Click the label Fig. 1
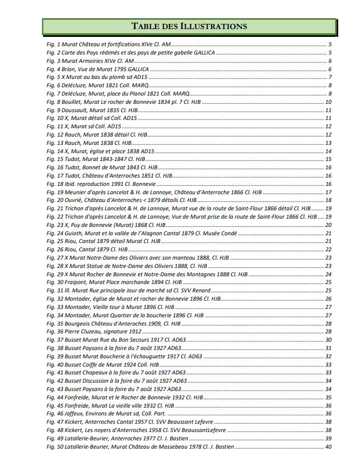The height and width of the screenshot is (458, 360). pos(53,45)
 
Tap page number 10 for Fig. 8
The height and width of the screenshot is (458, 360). pos(328,102)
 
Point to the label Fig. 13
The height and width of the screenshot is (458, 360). pos(54,143)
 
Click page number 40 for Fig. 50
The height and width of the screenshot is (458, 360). pos(328,447)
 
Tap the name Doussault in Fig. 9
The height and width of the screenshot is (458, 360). pos(76,110)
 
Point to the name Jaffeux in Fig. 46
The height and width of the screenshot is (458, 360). pos(74,413)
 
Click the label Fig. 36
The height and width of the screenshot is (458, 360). pos(54,331)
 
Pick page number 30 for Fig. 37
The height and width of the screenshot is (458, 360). pos(328,340)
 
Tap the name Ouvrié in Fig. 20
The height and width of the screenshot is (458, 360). pos(73,200)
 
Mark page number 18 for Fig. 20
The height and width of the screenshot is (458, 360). pos(328,200)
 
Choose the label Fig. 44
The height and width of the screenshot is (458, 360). pos(54,397)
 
